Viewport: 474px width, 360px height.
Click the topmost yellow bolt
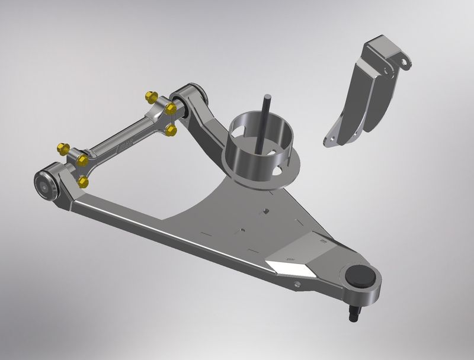(149, 96)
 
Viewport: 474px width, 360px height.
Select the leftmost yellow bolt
(60, 147)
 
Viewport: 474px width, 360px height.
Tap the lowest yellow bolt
(83, 181)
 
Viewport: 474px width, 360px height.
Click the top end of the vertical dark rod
(268, 96)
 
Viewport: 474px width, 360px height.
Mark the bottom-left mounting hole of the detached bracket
(329, 140)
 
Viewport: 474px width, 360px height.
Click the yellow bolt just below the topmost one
(171, 108)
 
